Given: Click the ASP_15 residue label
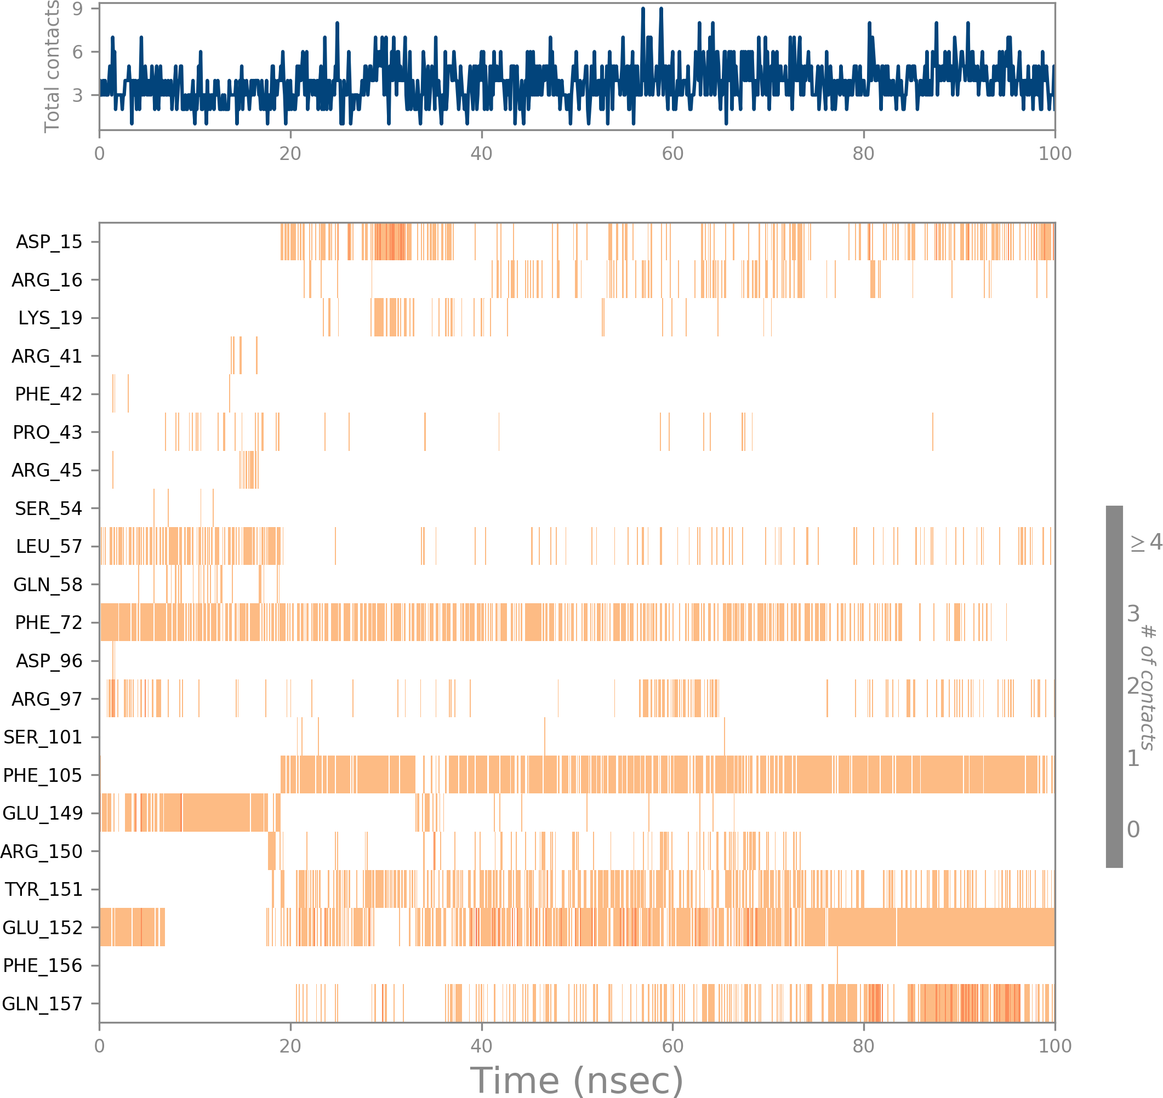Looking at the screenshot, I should (x=49, y=242).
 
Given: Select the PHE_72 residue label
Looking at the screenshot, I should (x=49, y=623).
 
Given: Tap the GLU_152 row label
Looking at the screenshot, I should (x=42, y=928).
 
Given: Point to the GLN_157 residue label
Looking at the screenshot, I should (x=42, y=1004).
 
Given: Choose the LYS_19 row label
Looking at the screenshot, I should (x=50, y=318).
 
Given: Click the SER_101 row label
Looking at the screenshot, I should (x=43, y=737).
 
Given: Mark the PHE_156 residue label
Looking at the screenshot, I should (x=42, y=966).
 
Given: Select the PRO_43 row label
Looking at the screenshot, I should (x=48, y=432).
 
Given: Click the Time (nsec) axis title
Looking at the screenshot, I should (x=576, y=1080).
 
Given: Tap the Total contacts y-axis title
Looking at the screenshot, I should (x=52, y=66).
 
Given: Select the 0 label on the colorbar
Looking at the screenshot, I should (x=1133, y=830).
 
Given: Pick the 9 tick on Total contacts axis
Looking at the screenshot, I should (x=77, y=9).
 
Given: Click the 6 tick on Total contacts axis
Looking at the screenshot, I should (x=77, y=52).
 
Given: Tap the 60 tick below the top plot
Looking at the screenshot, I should (x=672, y=154).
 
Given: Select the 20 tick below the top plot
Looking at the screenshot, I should (x=290, y=154).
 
